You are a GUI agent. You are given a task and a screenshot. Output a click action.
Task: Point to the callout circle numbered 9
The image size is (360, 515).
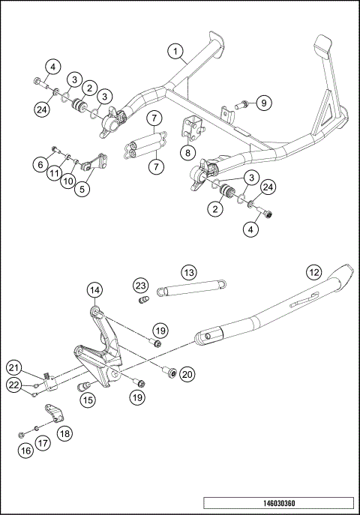[x=262, y=103]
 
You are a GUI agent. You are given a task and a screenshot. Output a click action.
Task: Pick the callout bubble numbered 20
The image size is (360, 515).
[x=187, y=373]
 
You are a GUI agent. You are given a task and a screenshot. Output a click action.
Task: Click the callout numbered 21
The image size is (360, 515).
[x=13, y=367]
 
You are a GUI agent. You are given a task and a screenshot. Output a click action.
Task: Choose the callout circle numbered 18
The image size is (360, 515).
[x=65, y=433]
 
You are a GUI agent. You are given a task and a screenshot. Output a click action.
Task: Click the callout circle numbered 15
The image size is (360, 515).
[x=88, y=400]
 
